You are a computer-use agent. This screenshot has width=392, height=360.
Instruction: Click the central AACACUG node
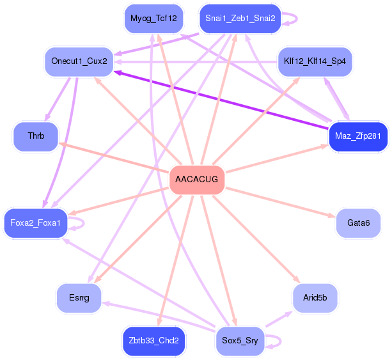[x=197, y=180]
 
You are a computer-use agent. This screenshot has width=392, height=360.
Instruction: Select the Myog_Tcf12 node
[x=153, y=18]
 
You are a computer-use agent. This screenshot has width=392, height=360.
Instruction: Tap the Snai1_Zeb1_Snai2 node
[x=240, y=18]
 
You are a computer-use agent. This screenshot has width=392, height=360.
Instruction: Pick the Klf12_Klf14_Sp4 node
[x=314, y=61]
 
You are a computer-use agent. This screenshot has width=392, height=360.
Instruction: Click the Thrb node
[x=36, y=136]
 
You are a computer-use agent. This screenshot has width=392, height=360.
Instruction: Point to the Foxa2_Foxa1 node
[x=36, y=223]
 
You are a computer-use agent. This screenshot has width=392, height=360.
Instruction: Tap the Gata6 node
[x=358, y=223]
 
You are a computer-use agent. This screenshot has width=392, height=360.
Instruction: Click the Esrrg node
[x=79, y=297]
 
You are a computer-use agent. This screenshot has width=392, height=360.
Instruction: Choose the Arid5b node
[x=315, y=297]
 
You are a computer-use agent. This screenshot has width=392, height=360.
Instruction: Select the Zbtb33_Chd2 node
[x=153, y=341]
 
